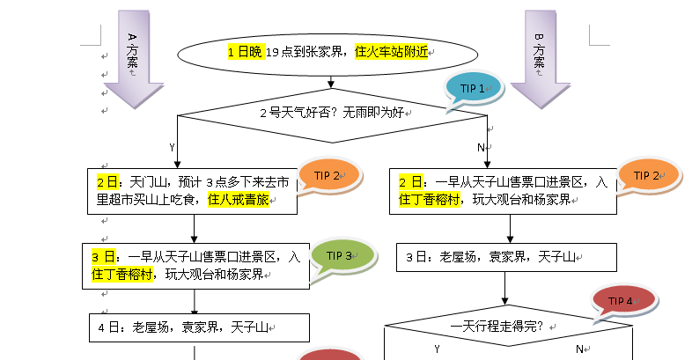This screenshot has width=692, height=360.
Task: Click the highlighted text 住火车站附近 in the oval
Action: point(390,53)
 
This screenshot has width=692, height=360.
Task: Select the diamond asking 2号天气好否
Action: point(331,113)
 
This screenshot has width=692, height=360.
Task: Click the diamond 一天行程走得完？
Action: point(508,327)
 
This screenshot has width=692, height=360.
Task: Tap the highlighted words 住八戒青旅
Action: point(239,200)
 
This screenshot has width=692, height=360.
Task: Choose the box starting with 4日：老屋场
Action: point(199,327)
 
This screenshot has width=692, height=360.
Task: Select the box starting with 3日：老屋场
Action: point(505,257)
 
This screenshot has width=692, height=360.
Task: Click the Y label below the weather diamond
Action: point(173,147)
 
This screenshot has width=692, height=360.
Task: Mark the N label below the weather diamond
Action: point(481,147)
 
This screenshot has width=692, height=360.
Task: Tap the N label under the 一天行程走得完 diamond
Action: point(578,349)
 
